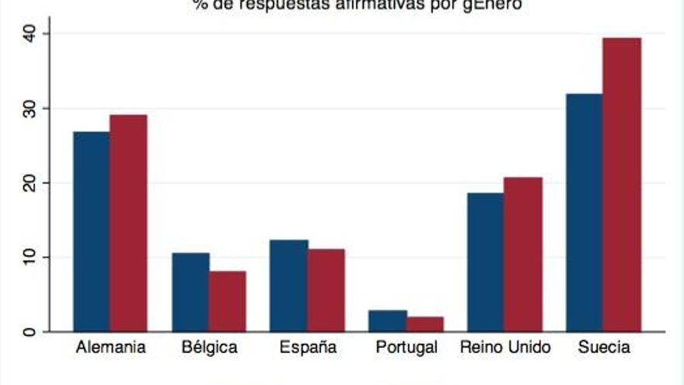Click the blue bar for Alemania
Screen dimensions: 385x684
pos(91,231)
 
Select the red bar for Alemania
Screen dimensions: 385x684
pos(128,223)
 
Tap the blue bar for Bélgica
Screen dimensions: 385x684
pos(190,292)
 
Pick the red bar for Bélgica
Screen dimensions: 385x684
pos(227,301)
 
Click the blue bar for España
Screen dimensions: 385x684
pos(289,285)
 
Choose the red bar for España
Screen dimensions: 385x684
pos(326,290)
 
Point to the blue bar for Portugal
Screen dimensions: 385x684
pos(388,320)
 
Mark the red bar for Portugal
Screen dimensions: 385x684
pos(424,324)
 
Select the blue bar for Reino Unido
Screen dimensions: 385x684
pos(485,262)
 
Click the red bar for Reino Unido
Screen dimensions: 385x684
pos(523,254)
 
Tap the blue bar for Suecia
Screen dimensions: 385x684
pos(585,212)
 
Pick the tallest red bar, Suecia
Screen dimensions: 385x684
pos(622,184)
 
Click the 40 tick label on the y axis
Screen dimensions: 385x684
pos(30,33)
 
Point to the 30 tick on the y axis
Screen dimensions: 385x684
pos(30,108)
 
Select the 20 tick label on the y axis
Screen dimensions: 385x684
pos(30,183)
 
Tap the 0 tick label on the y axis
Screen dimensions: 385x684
pos(30,332)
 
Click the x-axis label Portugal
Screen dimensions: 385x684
pos(405,348)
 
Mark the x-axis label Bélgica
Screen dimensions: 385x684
pos(208,348)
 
